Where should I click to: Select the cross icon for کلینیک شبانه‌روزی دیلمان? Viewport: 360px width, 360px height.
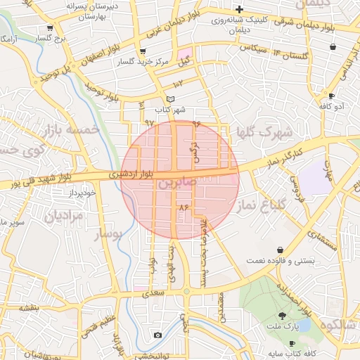tap(240, 9)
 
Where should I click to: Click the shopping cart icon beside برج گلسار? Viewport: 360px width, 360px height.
tap(49, 28)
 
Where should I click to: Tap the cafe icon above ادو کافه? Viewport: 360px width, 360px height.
tap(331, 95)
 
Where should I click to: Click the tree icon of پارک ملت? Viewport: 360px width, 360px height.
tap(283, 316)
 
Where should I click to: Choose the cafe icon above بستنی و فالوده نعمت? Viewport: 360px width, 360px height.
tap(281, 250)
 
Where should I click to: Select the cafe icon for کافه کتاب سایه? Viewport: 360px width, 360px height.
tap(292, 343)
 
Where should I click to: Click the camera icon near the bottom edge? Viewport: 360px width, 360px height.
tap(157, 335)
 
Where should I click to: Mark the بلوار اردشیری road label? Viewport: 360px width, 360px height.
tap(130, 172)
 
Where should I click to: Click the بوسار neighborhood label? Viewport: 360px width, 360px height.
tap(108, 233)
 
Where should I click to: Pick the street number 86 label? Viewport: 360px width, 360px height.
tap(184, 208)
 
